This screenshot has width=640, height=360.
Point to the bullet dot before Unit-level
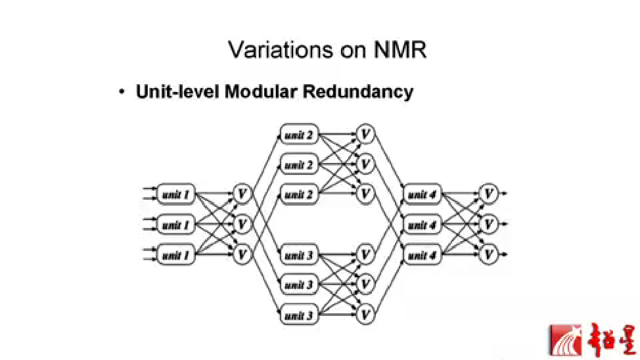[x=122, y=91]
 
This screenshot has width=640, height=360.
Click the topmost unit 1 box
[x=176, y=194]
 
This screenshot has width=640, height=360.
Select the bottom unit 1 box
[x=176, y=254]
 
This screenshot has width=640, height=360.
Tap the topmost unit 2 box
[x=299, y=135]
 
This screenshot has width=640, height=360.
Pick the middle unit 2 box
[x=299, y=164]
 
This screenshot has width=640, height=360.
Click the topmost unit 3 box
[x=299, y=254]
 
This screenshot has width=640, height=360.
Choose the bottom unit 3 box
[x=299, y=315]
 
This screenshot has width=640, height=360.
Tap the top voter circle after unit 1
[x=242, y=194]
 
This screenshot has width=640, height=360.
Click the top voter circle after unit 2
[x=366, y=135]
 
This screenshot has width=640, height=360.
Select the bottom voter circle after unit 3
[x=366, y=315]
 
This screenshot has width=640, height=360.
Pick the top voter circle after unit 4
[x=488, y=194]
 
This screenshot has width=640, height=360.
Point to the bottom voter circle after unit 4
[x=488, y=254]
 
